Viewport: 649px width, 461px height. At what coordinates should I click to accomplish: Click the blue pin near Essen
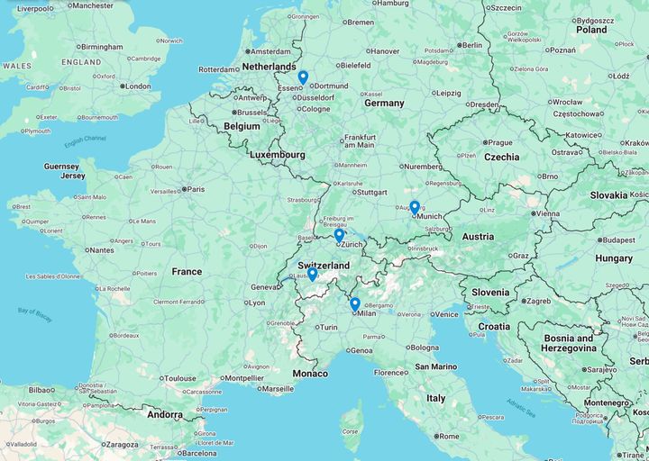(303, 77)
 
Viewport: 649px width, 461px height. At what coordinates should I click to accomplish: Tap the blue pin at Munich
(415, 207)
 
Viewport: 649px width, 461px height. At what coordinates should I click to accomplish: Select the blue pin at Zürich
(339, 235)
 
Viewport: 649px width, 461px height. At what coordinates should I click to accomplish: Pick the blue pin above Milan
(355, 304)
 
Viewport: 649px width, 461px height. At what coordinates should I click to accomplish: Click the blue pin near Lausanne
(312, 274)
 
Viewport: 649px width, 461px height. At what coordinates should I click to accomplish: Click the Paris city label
(195, 189)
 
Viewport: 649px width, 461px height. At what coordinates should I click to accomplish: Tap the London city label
(137, 86)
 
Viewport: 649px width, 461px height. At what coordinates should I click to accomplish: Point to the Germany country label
(384, 104)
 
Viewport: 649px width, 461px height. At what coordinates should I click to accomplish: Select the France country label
(187, 271)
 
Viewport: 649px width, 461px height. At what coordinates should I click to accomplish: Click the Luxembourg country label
(277, 155)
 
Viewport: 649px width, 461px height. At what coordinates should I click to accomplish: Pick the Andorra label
(165, 415)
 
